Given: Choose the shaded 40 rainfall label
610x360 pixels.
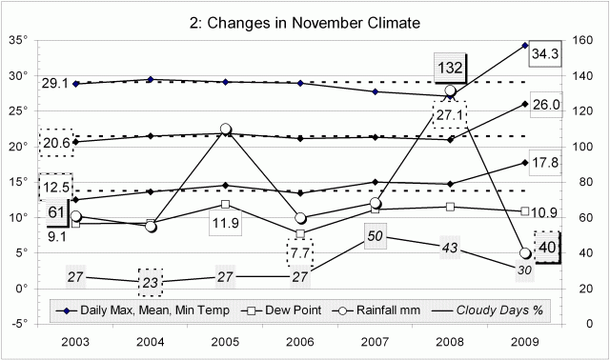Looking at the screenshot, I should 549,247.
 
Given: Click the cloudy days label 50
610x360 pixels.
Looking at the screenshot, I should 376,235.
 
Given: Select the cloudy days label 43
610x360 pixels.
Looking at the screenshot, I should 451,248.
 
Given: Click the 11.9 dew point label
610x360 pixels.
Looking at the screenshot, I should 226,224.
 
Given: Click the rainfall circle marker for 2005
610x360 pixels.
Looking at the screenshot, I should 226,130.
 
